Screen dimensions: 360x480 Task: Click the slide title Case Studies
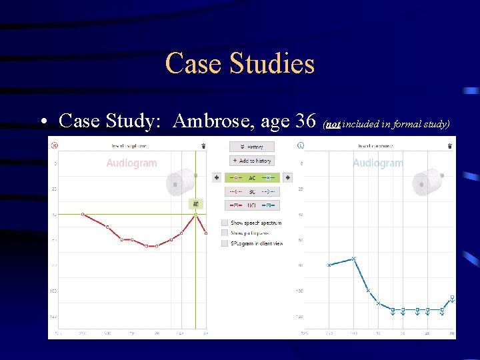(239, 64)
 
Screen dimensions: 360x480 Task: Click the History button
(252, 146)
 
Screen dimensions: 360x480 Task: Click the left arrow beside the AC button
(217, 177)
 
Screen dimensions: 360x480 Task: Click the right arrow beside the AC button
(287, 177)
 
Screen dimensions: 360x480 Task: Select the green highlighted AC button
(252, 177)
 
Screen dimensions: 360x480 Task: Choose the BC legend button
(252, 191)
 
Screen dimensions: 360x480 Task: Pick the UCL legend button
(252, 205)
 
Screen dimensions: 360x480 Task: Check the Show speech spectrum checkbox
(225, 223)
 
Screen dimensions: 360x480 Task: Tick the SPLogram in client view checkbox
(225, 243)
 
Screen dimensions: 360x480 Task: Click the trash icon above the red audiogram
(203, 145)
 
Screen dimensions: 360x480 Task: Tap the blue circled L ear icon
(301, 145)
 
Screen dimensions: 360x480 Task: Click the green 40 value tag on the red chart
(195, 204)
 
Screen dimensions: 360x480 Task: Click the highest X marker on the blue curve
(353, 259)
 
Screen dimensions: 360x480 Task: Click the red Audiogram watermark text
(131, 163)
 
